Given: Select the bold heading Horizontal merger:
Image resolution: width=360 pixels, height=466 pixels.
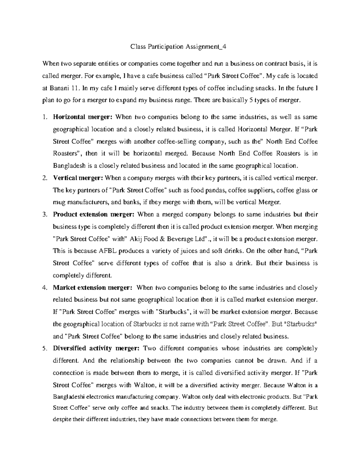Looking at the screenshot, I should click(82, 117).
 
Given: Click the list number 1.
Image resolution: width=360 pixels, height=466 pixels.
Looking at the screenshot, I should click(44, 117).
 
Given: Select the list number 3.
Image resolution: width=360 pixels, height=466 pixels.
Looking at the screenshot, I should click(44, 215).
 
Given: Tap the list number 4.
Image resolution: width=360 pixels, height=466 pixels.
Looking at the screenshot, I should click(44, 288).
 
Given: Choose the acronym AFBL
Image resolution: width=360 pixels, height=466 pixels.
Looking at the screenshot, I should click(97, 251).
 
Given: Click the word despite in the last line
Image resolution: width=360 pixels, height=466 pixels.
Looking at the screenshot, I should click(61, 419).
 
